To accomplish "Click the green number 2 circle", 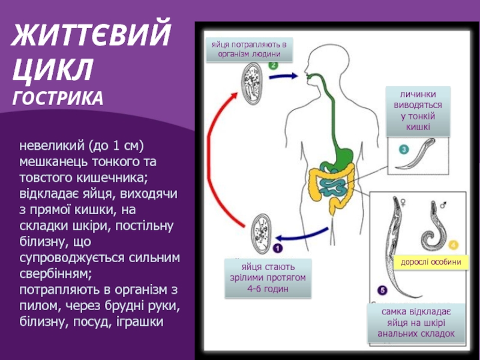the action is point(273,66).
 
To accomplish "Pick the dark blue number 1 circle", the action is point(278,247).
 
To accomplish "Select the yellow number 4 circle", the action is point(453,245).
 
